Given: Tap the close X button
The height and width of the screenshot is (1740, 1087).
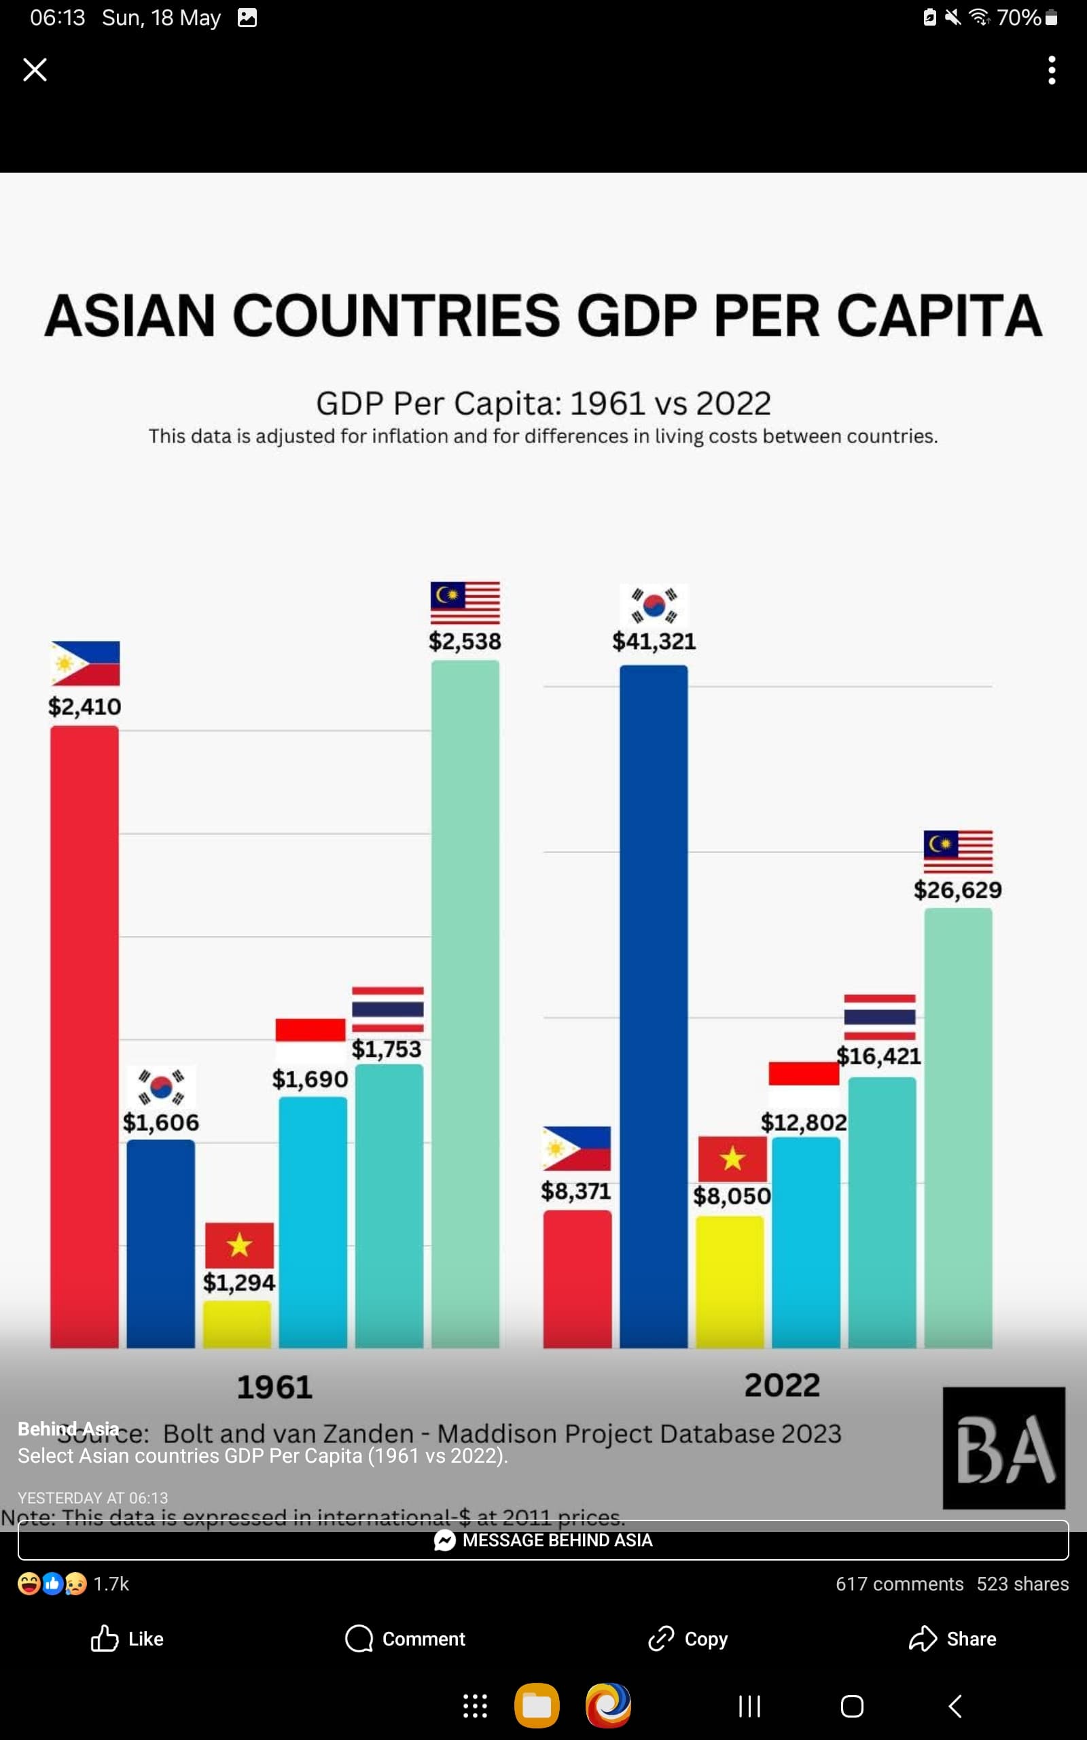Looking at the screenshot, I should coord(35,70).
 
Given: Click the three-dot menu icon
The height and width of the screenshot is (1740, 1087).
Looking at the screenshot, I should coord(1051,71).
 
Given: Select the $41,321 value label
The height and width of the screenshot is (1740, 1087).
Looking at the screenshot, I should coord(654,642).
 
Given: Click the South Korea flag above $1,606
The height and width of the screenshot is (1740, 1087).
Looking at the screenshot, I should coord(161,1085).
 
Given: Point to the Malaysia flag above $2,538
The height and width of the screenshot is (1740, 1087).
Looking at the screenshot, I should coord(465,602).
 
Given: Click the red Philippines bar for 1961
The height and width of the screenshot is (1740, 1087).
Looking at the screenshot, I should coord(84,1035).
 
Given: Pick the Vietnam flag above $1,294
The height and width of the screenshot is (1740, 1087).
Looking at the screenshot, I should coord(239,1245).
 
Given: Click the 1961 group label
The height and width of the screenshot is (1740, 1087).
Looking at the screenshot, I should coord(274,1387).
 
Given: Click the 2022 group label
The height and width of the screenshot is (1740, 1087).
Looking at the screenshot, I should coord(782,1385).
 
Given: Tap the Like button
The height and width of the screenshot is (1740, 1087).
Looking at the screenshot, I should coord(128,1639).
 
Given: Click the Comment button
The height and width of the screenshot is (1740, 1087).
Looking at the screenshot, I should coord(406,1639).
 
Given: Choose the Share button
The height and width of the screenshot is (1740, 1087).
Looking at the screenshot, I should coord(952,1639).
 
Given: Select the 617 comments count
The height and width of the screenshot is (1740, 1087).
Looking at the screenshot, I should coord(899,1584).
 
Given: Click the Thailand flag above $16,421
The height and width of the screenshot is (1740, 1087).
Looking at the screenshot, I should coord(879,1017).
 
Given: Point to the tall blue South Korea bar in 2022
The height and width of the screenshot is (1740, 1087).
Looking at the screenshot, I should coord(654,1007).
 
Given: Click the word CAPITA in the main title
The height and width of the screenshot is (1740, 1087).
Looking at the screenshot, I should coord(940,315).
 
